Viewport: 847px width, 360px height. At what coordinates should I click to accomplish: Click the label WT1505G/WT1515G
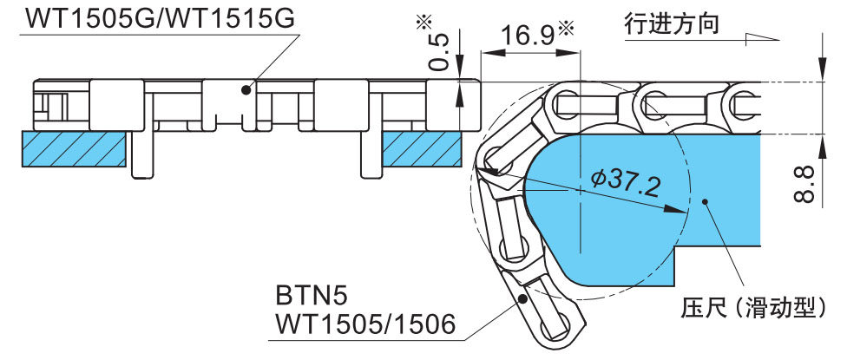click(x=161, y=16)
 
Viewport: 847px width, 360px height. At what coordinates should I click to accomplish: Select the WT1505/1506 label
click(x=364, y=323)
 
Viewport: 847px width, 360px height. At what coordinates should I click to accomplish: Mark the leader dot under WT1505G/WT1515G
click(x=246, y=88)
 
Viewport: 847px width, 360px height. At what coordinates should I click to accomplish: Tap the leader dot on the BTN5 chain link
click(x=522, y=297)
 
